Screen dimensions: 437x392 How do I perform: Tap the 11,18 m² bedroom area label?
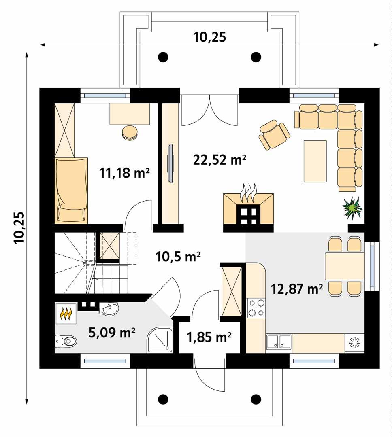[x=124, y=173]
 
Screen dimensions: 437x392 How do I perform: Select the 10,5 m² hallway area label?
[x=179, y=256]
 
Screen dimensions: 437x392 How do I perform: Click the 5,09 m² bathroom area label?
[x=111, y=333]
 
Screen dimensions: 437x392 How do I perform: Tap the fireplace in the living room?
[x=248, y=208]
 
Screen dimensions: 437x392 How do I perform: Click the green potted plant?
[x=352, y=208]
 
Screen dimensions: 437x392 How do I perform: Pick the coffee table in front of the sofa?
[x=315, y=161]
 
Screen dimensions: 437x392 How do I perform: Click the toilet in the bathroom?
[x=66, y=341]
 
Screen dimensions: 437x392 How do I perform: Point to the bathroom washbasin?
[x=109, y=310]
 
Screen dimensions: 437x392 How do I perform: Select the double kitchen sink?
[x=279, y=342]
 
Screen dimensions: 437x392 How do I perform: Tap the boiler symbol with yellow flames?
[x=66, y=313]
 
